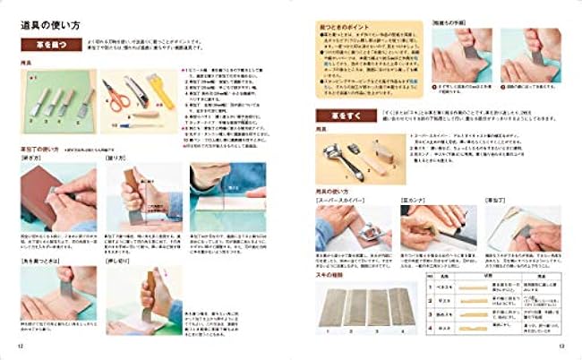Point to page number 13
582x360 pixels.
561,345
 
